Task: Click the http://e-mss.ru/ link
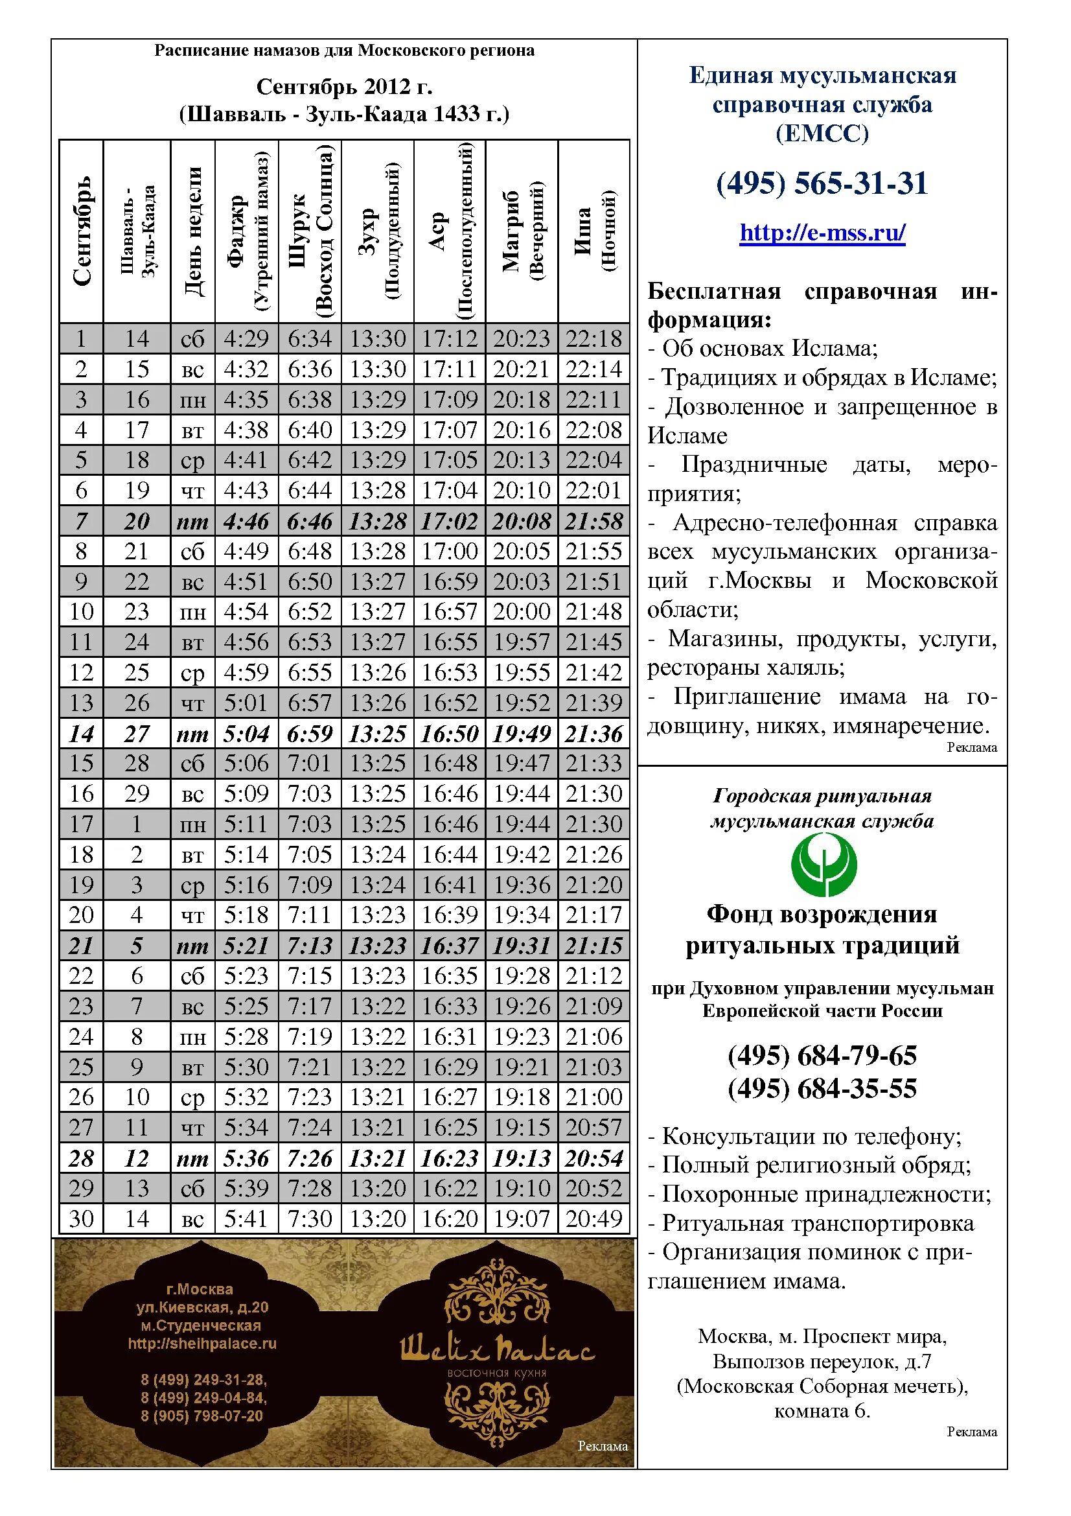click(x=822, y=233)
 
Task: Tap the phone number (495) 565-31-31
click(x=822, y=183)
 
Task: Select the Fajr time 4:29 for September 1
click(x=246, y=339)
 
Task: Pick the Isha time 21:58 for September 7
click(x=594, y=522)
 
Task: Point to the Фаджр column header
click(x=247, y=231)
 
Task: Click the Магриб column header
click(x=522, y=231)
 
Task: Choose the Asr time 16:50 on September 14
click(x=450, y=734)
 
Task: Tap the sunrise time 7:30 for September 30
click(x=310, y=1219)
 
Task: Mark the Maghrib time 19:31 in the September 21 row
click(x=522, y=946)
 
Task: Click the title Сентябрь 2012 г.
click(x=344, y=86)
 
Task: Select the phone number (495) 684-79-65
click(x=822, y=1056)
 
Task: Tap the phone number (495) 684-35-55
click(x=822, y=1089)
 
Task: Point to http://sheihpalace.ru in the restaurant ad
click(x=203, y=1343)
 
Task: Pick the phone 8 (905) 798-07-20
click(x=202, y=1416)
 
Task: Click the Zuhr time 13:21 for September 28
click(x=378, y=1158)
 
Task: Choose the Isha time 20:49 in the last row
click(x=594, y=1219)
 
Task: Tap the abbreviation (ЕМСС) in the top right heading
click(x=822, y=134)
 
